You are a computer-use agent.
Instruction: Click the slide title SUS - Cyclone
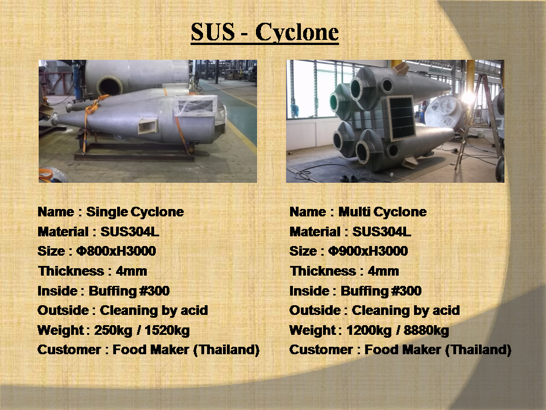[264, 32]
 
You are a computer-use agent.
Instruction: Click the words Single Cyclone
[135, 212]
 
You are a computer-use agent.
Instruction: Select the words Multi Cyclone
[382, 212]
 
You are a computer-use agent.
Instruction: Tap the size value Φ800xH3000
[116, 251]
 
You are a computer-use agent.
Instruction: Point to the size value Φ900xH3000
[368, 251]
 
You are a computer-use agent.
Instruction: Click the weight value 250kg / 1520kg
[142, 330]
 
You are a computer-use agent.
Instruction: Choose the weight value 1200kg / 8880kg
[398, 330]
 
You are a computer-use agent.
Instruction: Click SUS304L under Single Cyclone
[130, 232]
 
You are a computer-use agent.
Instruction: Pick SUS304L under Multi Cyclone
[382, 232]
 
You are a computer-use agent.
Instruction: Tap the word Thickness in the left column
[72, 271]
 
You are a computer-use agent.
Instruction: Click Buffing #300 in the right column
[381, 291]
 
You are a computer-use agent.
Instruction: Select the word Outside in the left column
[63, 310]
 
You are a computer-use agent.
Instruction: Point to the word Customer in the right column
[321, 350]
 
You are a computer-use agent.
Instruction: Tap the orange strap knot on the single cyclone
[93, 106]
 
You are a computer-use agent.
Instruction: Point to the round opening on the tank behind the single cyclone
[110, 86]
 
